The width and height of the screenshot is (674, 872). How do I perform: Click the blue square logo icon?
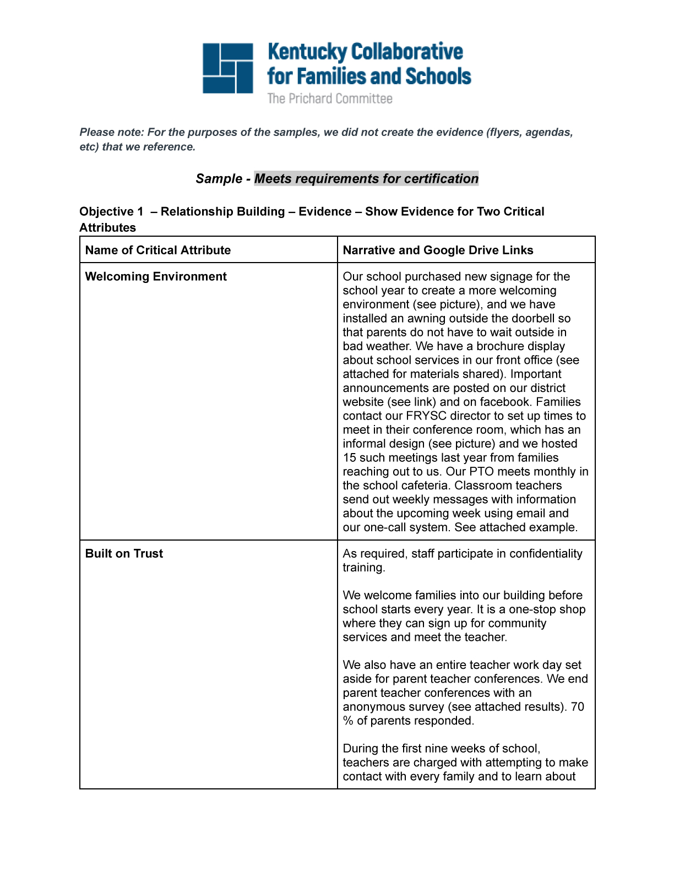click(228, 68)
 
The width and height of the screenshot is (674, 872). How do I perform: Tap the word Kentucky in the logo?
click(307, 52)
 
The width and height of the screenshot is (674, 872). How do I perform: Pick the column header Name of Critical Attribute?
click(158, 250)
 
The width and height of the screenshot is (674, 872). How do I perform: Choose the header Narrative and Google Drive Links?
click(438, 250)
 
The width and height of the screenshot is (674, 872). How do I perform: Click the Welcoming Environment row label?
click(156, 277)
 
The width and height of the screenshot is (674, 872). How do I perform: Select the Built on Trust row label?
click(124, 554)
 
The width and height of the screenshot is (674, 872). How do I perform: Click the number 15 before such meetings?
click(350, 458)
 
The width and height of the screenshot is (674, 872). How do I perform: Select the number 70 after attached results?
click(577, 707)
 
